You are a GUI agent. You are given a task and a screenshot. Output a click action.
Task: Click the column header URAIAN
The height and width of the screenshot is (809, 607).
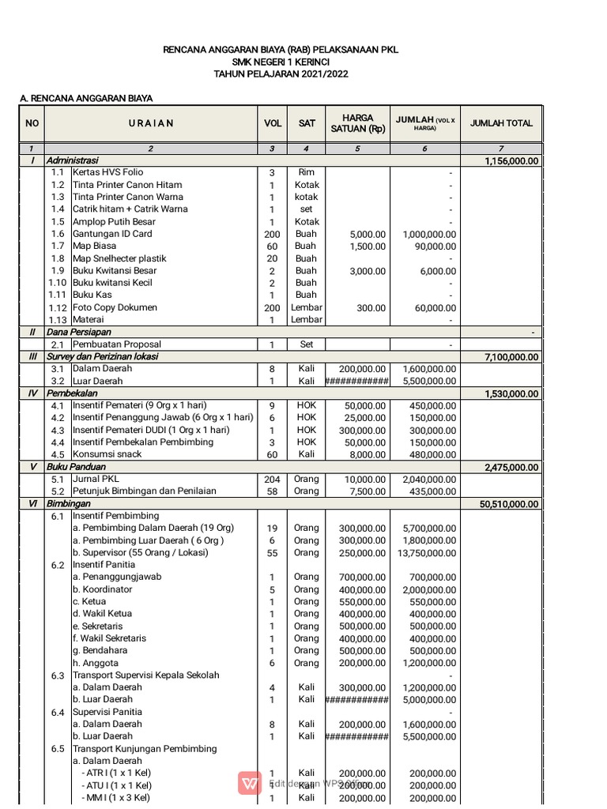click(150, 123)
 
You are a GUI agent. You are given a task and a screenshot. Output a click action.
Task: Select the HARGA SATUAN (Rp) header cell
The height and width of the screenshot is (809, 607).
click(357, 123)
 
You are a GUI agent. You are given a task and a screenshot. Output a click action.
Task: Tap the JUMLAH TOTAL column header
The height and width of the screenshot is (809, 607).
click(501, 123)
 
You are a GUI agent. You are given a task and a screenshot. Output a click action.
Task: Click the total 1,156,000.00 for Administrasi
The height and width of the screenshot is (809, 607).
click(510, 160)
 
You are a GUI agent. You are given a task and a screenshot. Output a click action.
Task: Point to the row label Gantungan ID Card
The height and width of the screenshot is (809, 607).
click(112, 234)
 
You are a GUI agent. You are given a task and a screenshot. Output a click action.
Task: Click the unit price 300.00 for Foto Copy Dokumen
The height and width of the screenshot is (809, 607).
click(370, 307)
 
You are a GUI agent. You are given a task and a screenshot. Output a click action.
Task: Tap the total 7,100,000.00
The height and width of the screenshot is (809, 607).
click(510, 357)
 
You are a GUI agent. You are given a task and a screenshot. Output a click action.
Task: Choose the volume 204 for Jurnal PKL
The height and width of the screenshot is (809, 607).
click(272, 480)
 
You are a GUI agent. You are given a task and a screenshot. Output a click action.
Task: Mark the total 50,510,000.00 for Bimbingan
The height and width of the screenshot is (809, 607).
click(507, 504)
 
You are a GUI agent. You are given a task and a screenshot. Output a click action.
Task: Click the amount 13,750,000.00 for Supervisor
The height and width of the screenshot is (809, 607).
click(426, 553)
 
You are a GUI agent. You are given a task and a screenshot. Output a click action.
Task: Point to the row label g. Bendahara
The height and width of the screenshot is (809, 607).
click(101, 650)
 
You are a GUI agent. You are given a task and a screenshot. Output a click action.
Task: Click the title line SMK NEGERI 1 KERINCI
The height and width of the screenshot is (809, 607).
click(281, 62)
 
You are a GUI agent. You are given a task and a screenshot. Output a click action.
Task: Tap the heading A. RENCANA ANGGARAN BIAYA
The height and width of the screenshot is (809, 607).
click(86, 99)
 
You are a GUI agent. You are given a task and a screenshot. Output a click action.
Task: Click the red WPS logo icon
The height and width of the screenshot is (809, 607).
click(250, 783)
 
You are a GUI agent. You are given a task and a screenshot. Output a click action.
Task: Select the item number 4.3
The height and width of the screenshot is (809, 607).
click(57, 430)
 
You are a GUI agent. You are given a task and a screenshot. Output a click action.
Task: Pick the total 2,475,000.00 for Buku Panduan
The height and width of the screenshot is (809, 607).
click(510, 467)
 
